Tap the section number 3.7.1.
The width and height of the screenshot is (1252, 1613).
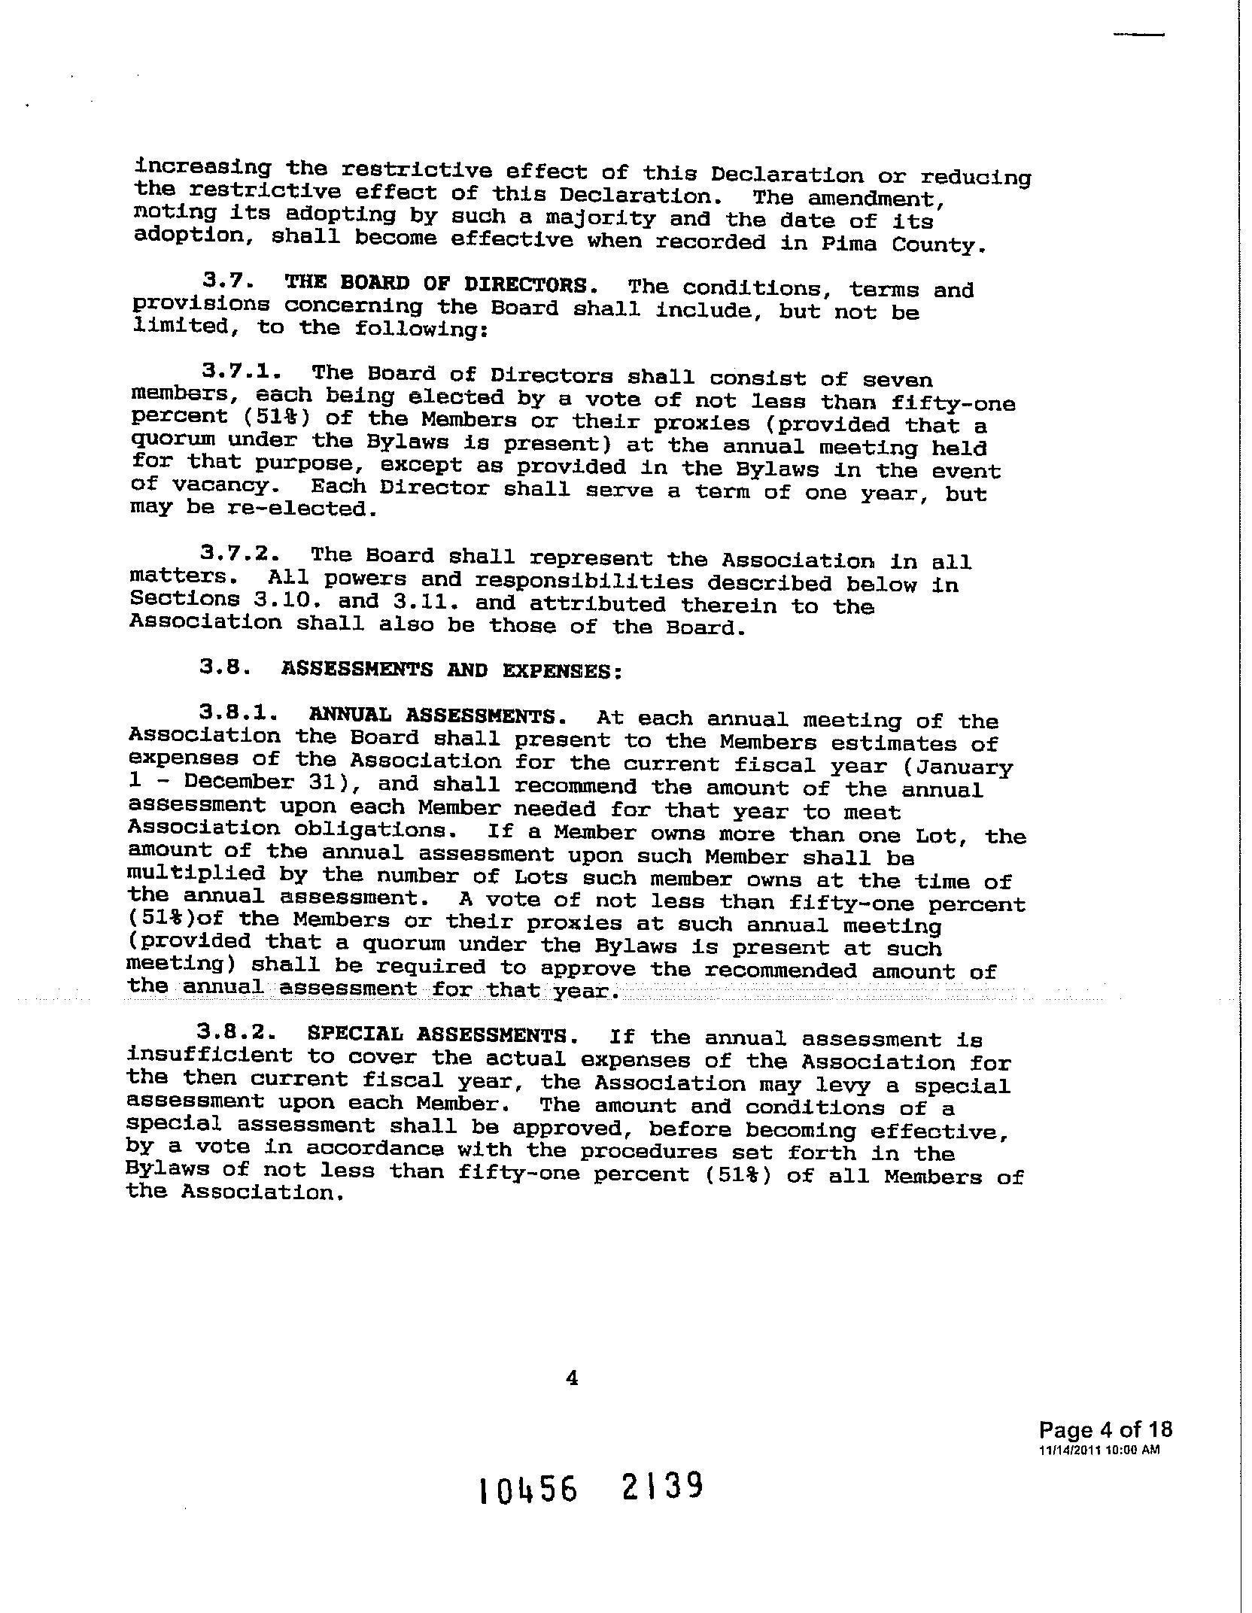[x=242, y=371]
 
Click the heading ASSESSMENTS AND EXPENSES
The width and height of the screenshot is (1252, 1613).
[x=451, y=670]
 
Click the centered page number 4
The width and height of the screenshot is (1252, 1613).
[x=572, y=1377]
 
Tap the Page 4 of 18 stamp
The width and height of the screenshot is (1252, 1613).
[x=1105, y=1429]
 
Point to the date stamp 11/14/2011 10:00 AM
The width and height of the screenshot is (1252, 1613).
[x=1099, y=1450]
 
